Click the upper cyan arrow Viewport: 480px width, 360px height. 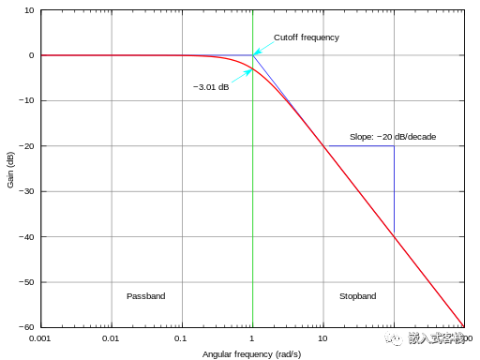265,47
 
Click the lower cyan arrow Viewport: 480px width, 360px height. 241,77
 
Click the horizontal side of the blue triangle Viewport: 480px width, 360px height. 359,146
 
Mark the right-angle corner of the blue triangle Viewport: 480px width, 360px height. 394,146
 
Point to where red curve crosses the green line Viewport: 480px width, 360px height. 253,68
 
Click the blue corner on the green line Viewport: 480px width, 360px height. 253,55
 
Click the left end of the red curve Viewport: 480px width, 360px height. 42,55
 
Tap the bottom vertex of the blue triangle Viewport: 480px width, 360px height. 394,236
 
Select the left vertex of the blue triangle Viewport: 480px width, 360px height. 324,146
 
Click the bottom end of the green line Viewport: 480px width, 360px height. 253,326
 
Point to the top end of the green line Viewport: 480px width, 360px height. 253,12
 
